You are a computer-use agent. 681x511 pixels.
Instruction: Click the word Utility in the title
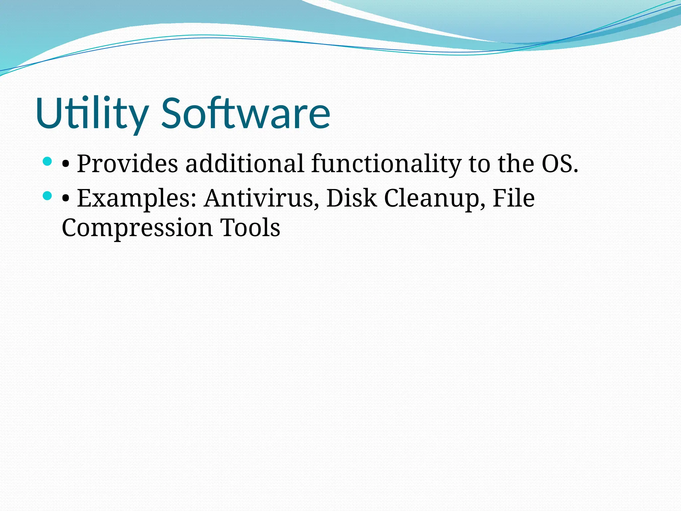(91, 113)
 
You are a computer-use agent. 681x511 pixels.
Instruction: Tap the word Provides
(127, 164)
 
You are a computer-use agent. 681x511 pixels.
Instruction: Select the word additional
(244, 164)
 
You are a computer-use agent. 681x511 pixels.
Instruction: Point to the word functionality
(386, 164)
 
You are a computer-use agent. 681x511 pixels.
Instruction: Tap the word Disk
(351, 199)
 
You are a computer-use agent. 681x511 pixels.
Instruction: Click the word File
(513, 199)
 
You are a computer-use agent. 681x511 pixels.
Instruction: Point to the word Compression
(137, 228)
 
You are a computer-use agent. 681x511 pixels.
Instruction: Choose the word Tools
(250, 228)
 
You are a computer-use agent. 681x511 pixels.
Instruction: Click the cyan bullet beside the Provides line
(48, 162)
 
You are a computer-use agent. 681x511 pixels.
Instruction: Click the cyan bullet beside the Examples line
(48, 196)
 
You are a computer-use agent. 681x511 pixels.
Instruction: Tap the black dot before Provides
(66, 164)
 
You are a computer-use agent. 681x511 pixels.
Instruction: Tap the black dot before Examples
(66, 199)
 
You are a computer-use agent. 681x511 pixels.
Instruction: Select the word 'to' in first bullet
(479, 164)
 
